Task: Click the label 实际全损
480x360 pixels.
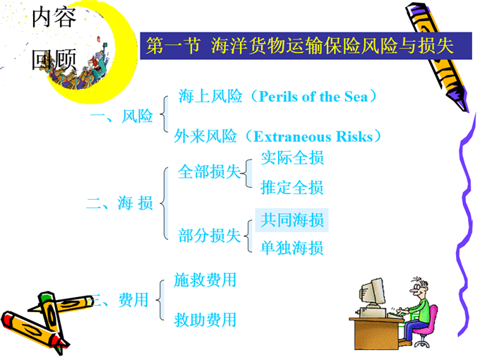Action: pos(292,157)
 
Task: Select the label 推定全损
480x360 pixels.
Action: pos(292,187)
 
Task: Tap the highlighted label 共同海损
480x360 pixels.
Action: pos(292,220)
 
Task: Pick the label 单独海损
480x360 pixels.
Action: pos(292,248)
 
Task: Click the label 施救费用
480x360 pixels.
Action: pos(205,280)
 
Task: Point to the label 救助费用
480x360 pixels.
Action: pos(205,320)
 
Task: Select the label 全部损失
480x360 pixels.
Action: pos(210,172)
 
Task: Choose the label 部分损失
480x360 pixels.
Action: pos(210,236)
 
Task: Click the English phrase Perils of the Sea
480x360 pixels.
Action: pos(313,97)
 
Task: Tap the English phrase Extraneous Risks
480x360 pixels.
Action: pos(313,136)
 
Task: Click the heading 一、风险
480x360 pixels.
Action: pos(121,116)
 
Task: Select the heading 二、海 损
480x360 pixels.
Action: pos(120,203)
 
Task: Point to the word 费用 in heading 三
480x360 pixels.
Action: pos(133,300)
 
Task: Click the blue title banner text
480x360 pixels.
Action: pos(300,46)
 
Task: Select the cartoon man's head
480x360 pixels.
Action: pos(419,287)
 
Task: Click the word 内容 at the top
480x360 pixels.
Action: pos(54,18)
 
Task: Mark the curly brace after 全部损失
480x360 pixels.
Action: pos(247,173)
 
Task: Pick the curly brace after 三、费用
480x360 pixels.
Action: pos(160,300)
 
